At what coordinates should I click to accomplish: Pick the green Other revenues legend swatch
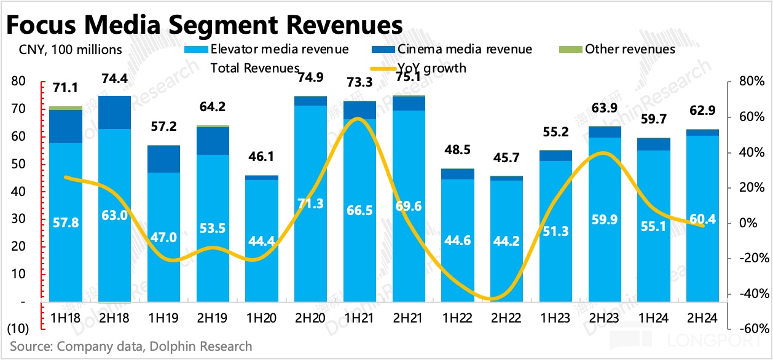(572, 49)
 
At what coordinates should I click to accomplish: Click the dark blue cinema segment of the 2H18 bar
(114, 112)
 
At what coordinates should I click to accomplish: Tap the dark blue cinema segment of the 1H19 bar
(163, 159)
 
